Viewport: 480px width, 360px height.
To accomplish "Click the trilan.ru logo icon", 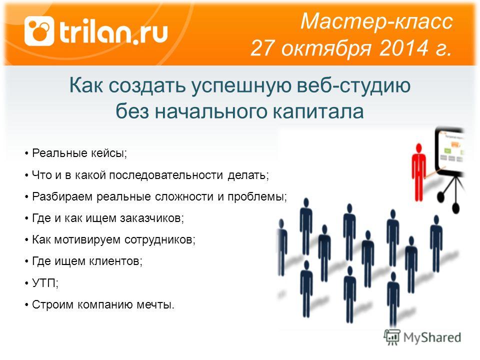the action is tap(39, 31).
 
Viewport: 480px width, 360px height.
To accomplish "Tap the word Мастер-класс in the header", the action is tap(376, 21).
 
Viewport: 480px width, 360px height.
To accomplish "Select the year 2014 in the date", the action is tap(404, 48).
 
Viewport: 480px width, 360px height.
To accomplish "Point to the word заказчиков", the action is tap(152, 218).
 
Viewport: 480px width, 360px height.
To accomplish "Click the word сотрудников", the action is tap(160, 239).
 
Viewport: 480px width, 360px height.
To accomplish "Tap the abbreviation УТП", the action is tap(44, 283).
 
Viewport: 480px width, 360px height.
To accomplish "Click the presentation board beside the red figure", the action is tap(449, 150).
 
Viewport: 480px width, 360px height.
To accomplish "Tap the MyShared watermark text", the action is tap(432, 337).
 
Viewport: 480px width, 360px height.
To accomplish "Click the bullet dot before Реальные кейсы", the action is tap(27, 153).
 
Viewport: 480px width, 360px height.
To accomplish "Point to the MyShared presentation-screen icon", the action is tap(392, 337).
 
